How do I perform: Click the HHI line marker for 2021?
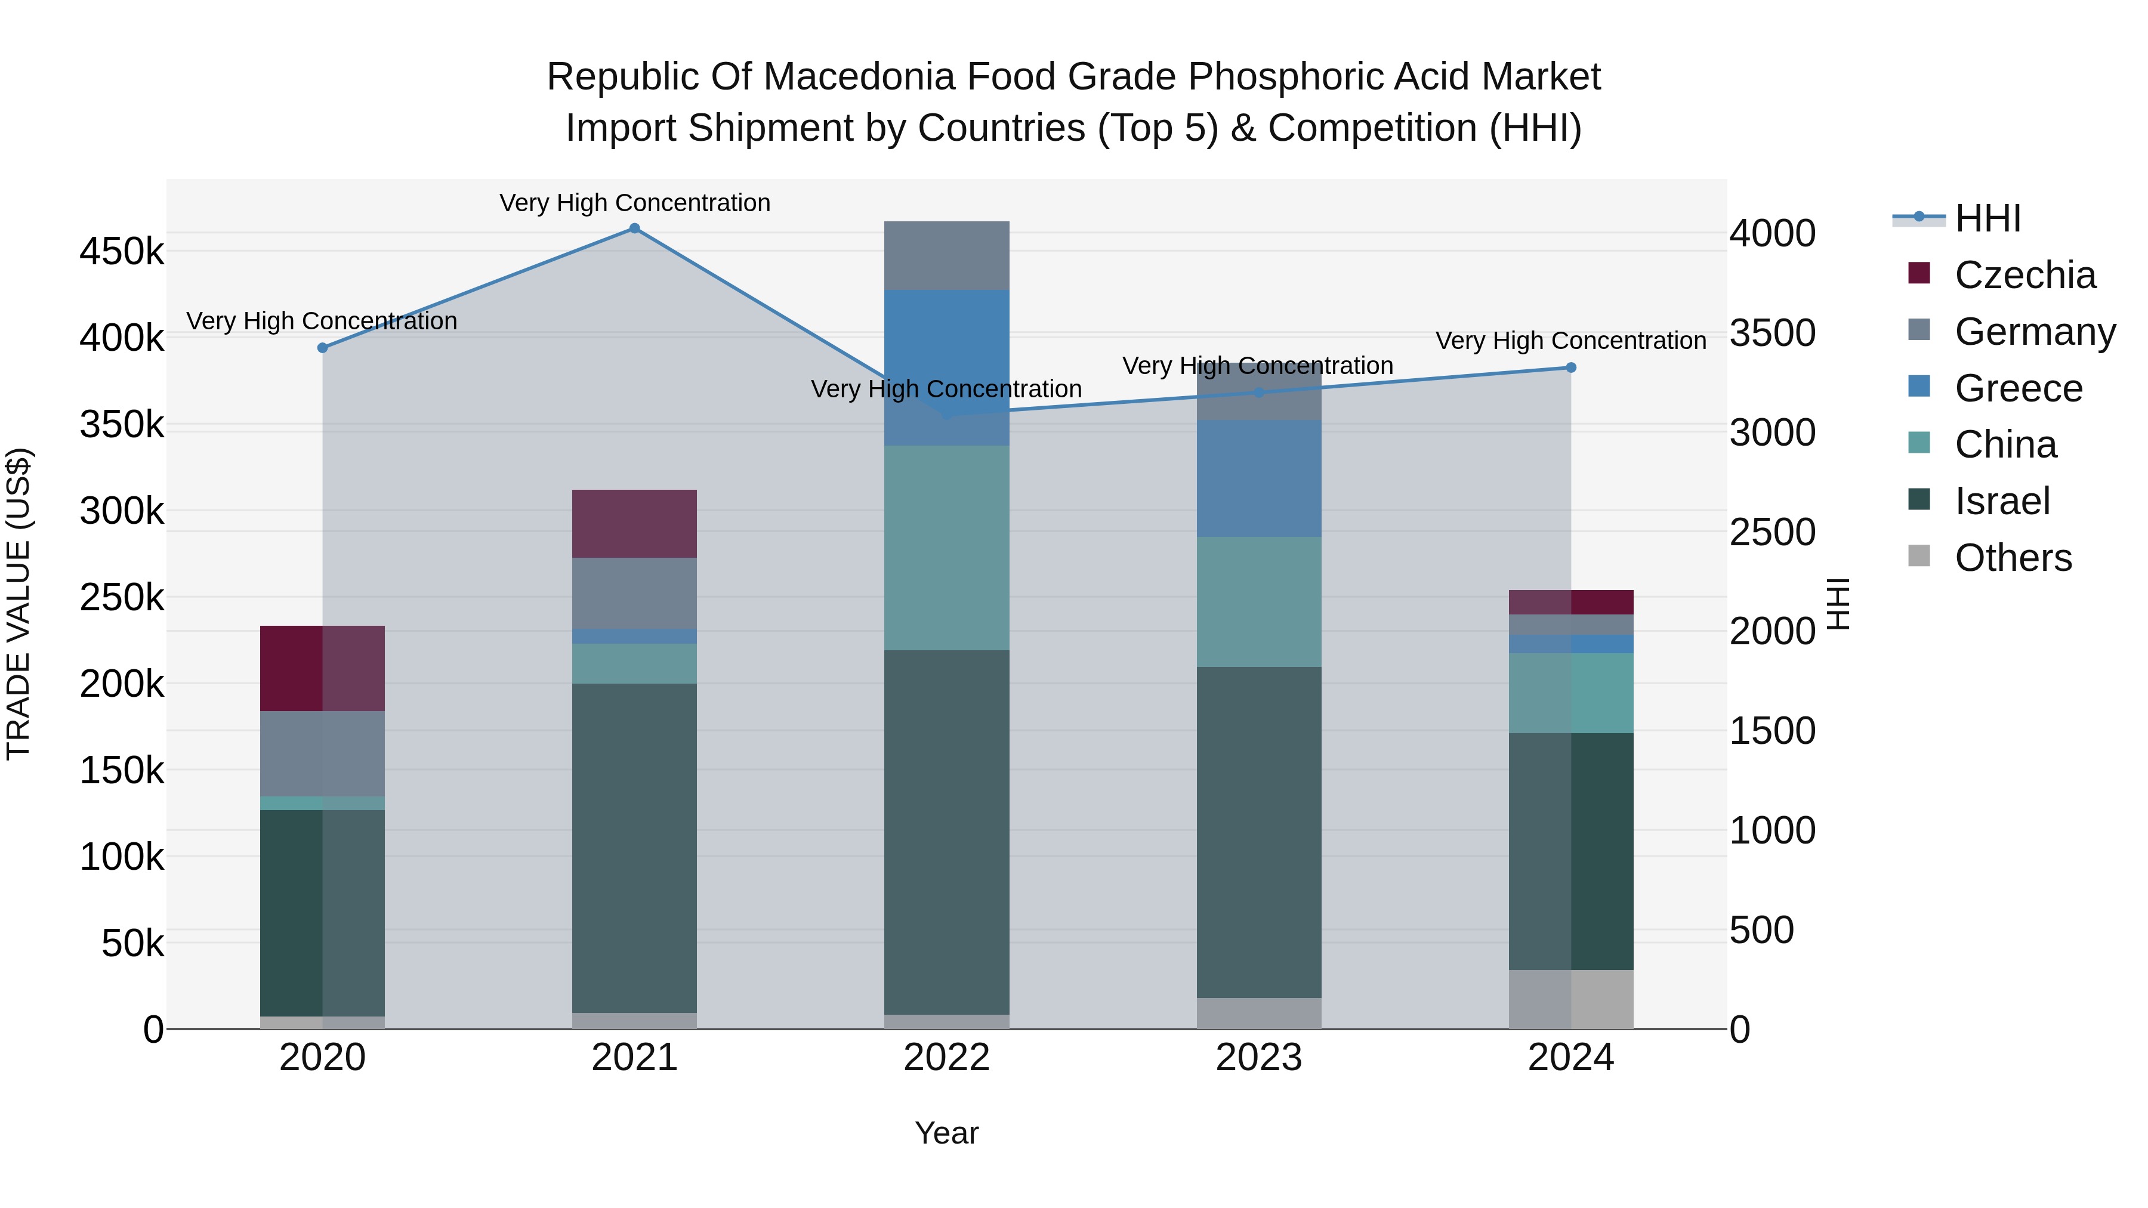[x=635, y=228]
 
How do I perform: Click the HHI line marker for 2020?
[x=323, y=348]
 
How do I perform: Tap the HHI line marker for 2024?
[x=1571, y=367]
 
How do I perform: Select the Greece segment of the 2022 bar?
[x=946, y=367]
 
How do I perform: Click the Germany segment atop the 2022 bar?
[x=946, y=255]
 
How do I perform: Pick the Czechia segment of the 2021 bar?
[x=635, y=524]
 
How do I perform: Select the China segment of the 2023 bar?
[x=1259, y=601]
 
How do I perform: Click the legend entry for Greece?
[x=2018, y=388]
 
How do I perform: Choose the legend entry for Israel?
[x=2001, y=501]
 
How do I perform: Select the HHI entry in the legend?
[x=1987, y=218]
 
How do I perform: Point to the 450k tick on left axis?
[x=122, y=251]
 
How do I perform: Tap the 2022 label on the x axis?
[x=946, y=1058]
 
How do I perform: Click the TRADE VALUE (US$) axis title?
[x=18, y=604]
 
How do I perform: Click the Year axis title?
[x=946, y=1133]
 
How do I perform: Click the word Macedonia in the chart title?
[x=859, y=77]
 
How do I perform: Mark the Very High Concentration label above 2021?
[x=635, y=203]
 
